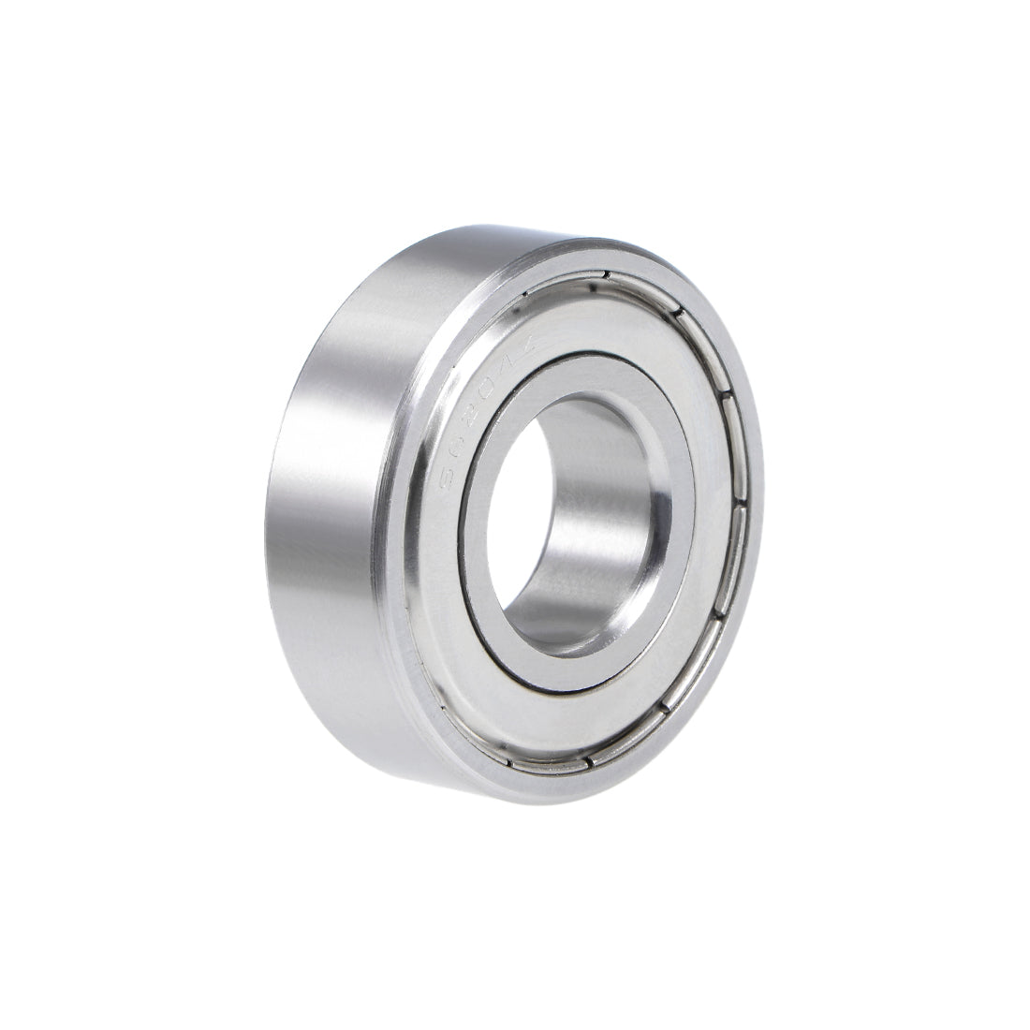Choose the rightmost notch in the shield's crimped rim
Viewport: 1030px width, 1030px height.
click(739, 510)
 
